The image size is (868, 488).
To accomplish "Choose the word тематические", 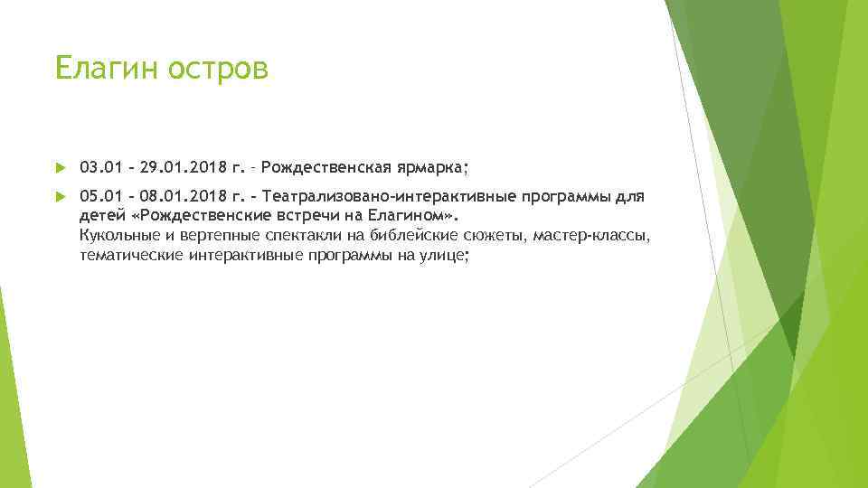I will click(x=131, y=256).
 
